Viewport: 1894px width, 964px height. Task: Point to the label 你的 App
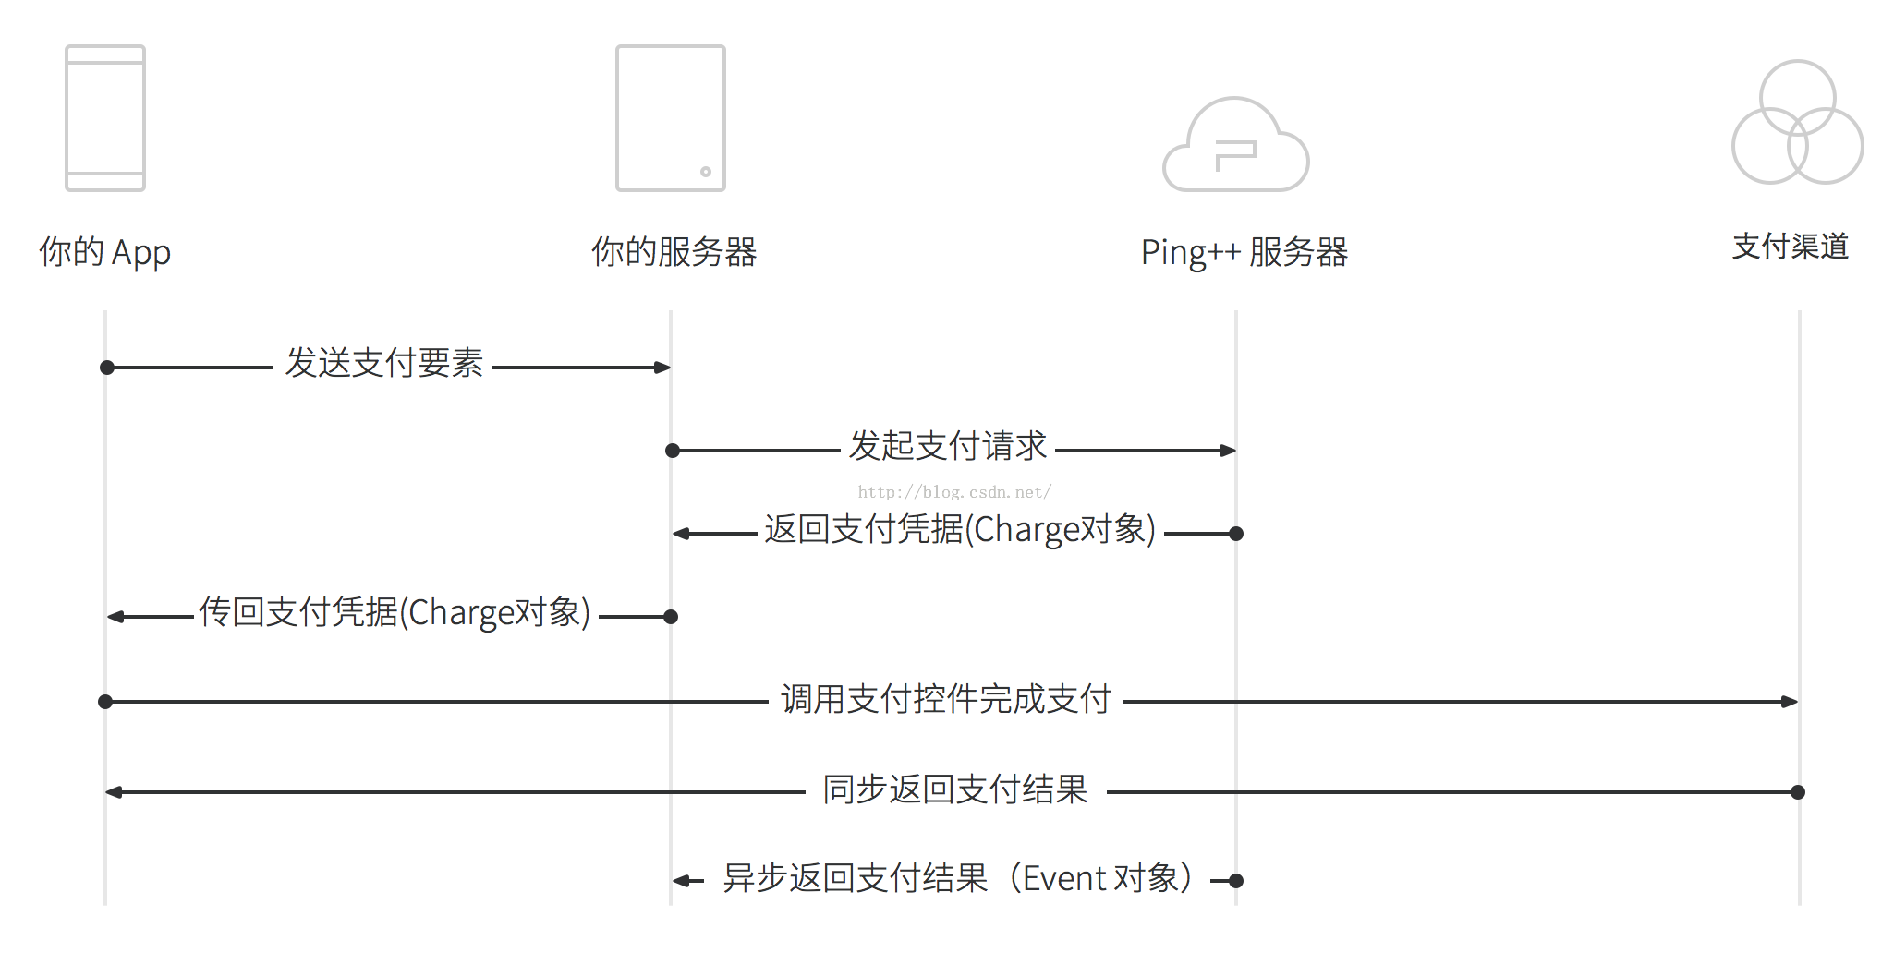(104, 251)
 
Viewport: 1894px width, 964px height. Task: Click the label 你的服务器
(674, 251)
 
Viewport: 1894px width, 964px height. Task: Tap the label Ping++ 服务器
(1244, 252)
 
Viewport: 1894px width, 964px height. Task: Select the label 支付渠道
(1791, 247)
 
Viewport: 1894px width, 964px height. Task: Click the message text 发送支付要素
(383, 363)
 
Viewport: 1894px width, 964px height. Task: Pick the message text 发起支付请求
(948, 445)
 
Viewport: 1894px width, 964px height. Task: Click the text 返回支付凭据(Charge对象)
(960, 529)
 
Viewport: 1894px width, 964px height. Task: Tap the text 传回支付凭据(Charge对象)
(395, 612)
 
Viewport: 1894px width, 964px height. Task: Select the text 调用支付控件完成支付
(946, 699)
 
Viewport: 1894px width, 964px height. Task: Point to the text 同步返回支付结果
(955, 789)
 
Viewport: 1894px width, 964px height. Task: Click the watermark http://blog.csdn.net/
(954, 492)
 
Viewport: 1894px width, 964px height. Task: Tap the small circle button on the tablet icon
(706, 172)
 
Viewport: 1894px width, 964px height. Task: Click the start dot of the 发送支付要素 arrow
(107, 368)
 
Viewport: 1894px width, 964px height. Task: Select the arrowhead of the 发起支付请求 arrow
(1228, 451)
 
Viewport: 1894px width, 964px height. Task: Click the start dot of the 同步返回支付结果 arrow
(1798, 792)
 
